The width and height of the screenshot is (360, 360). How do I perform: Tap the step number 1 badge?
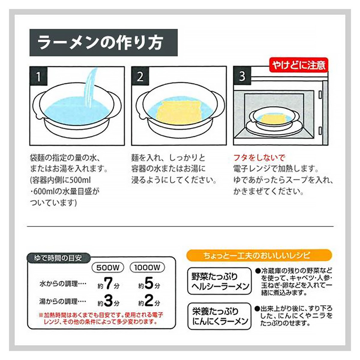click(38, 76)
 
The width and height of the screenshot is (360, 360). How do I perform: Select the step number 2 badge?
click(140, 76)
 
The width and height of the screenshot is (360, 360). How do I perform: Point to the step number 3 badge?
click(242, 76)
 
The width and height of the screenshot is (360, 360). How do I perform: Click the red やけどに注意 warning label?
click(299, 65)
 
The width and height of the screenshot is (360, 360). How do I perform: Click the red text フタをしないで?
click(259, 158)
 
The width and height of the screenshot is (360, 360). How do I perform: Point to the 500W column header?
click(108, 268)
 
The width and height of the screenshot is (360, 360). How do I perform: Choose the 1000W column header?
click(147, 268)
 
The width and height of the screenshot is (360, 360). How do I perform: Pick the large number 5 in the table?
click(149, 283)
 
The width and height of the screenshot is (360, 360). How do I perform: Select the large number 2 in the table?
click(149, 301)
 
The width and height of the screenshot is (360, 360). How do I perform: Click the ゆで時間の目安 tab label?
click(58, 258)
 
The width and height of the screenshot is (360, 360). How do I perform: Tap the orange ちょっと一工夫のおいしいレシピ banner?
click(259, 255)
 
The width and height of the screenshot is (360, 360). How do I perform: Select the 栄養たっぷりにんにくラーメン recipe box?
click(219, 316)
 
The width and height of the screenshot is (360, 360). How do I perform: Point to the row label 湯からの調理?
click(63, 301)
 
